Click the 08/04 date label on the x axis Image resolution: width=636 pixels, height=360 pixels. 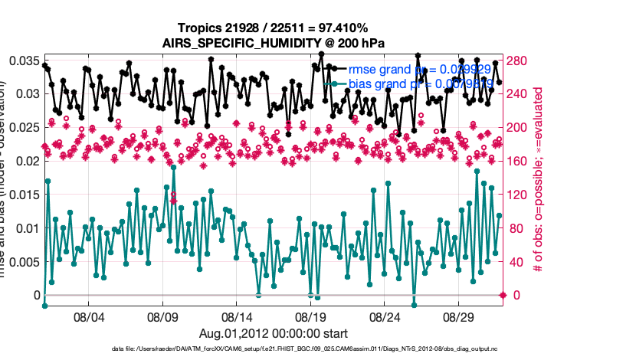point(87,316)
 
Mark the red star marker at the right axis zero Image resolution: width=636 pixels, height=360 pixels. point(503,295)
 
